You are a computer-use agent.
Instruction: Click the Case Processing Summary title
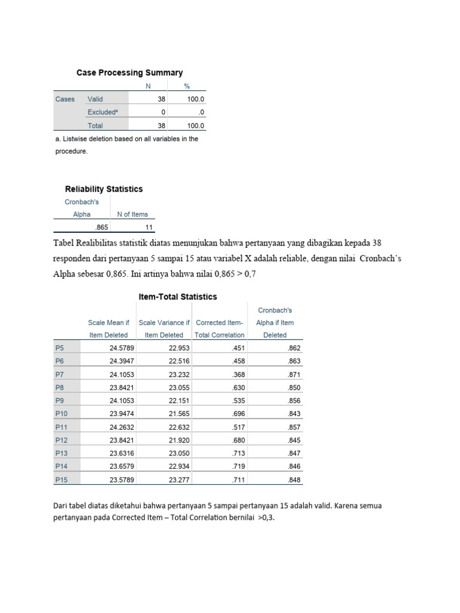(129, 72)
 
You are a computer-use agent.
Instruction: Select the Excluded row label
(102, 112)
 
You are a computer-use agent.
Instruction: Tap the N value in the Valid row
(161, 99)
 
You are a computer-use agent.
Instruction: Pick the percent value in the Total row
(196, 126)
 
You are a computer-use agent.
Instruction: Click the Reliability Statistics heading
(104, 189)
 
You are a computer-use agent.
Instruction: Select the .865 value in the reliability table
(100, 228)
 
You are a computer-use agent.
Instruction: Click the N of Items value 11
(149, 228)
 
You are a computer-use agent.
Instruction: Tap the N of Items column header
(132, 214)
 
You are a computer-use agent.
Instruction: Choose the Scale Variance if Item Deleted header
(164, 329)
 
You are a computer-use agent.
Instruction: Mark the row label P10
(61, 414)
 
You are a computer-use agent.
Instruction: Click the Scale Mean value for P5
(121, 348)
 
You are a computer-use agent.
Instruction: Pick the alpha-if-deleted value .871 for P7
(293, 374)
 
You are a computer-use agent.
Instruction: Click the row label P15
(61, 480)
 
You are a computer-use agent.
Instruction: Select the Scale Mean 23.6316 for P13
(121, 453)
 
